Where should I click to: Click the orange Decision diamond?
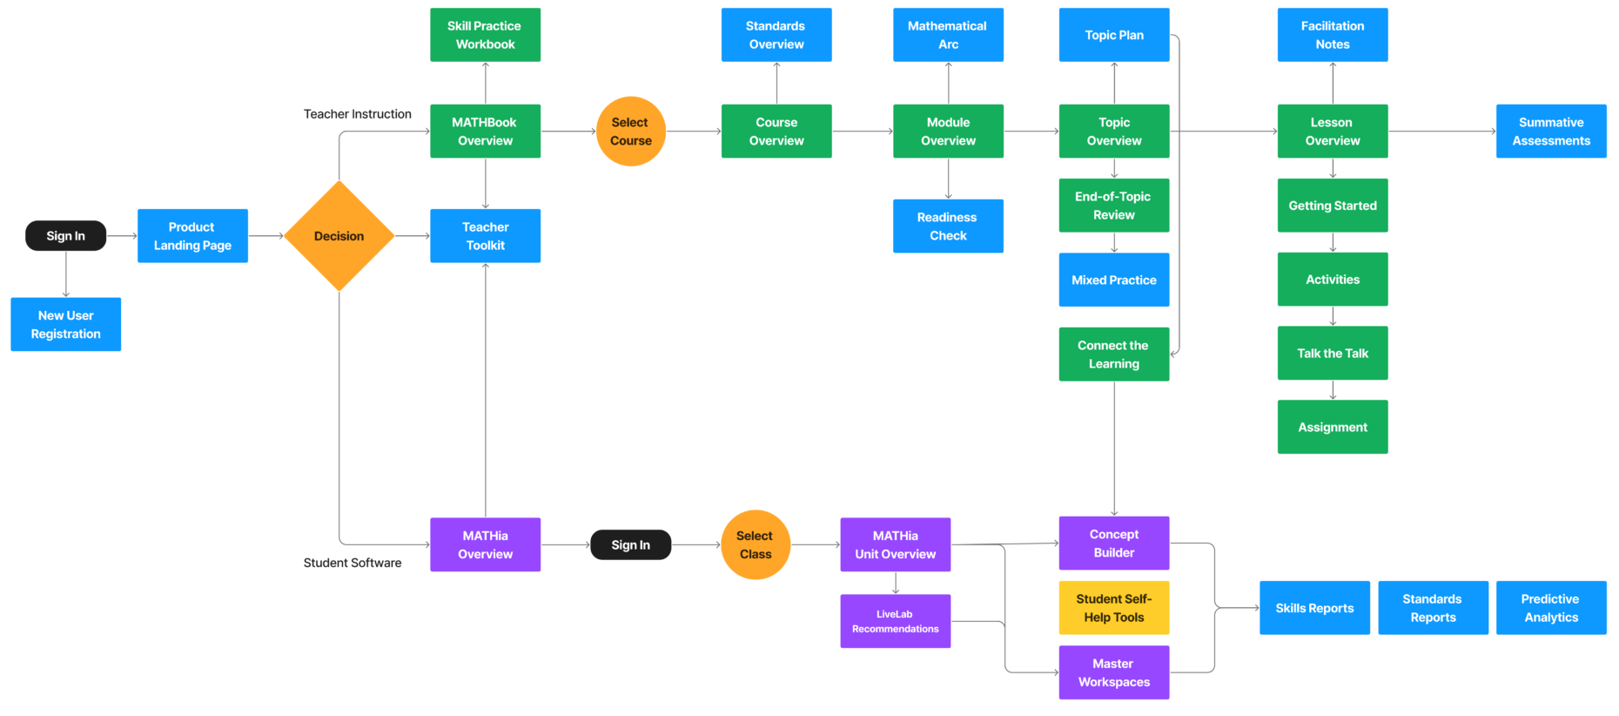tap(339, 236)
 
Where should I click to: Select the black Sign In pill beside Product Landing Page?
tap(65, 236)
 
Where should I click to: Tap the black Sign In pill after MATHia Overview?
tap(630, 545)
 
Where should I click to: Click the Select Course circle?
tap(630, 132)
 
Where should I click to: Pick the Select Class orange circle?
tap(755, 545)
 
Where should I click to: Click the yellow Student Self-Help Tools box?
tap(1113, 608)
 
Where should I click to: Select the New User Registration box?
tap(65, 325)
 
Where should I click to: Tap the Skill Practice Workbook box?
tap(485, 35)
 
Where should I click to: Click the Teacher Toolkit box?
tap(485, 236)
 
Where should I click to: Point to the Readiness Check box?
tap(948, 226)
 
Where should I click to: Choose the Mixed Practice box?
tap(1113, 280)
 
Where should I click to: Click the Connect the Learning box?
tap(1113, 355)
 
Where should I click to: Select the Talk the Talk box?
tap(1332, 353)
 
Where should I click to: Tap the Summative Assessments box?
tap(1550, 132)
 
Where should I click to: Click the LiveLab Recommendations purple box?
tap(895, 621)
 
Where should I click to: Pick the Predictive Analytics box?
tap(1550, 608)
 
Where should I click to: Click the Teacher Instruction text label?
tap(357, 114)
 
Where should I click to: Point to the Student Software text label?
tap(352, 563)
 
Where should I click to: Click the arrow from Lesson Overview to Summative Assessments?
tap(1441, 132)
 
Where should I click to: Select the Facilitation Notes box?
tap(1332, 35)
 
